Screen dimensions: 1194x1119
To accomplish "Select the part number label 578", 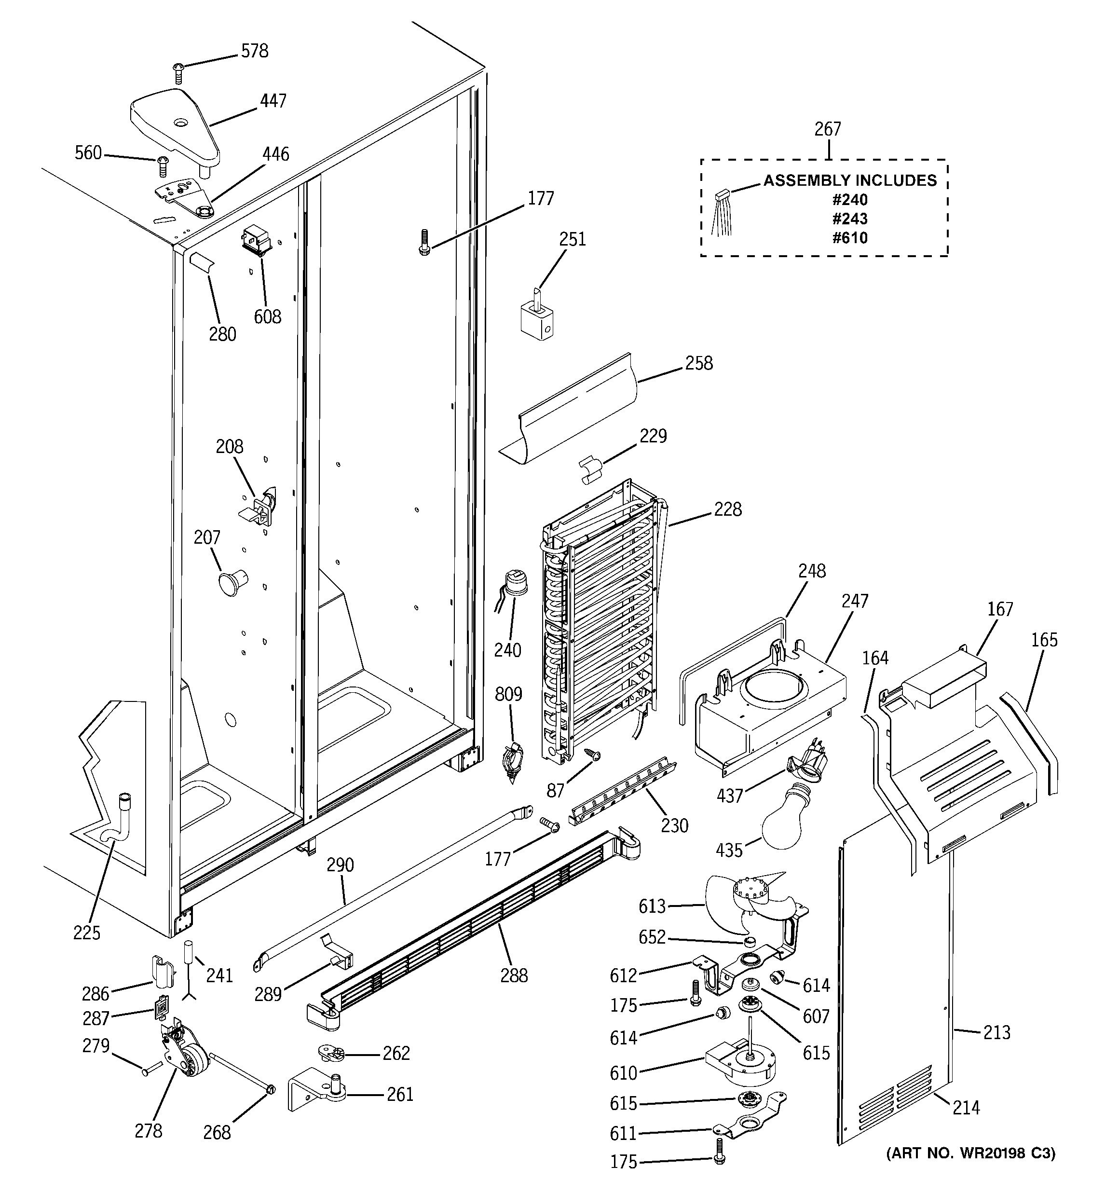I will pyautogui.click(x=255, y=51).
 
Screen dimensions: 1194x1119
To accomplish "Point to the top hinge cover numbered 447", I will pyautogui.click(x=174, y=126).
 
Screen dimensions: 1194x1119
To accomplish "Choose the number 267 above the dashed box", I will pyautogui.click(x=828, y=129).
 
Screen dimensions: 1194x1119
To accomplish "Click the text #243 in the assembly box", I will pyautogui.click(x=850, y=219).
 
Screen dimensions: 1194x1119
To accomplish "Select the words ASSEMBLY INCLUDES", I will pyautogui.click(x=850, y=180).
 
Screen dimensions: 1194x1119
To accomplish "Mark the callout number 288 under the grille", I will pyautogui.click(x=514, y=975).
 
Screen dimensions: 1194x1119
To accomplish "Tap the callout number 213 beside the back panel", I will pyautogui.click(x=997, y=1032).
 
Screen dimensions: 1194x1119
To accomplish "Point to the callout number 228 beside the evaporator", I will pyautogui.click(x=727, y=509).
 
